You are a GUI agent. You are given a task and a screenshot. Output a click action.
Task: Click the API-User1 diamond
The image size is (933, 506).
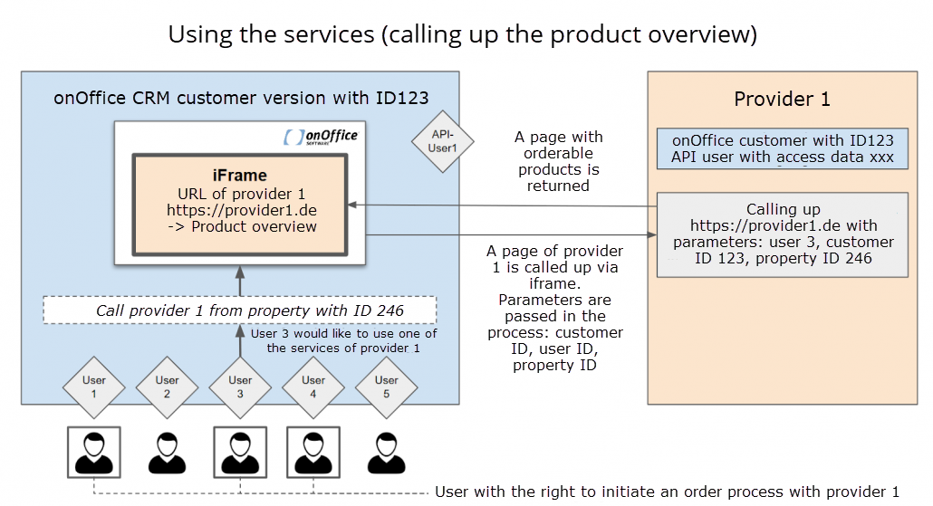(443, 141)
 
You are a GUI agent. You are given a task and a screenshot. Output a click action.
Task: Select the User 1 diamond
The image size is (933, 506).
(94, 387)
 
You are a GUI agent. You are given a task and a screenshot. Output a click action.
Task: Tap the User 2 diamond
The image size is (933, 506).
(168, 387)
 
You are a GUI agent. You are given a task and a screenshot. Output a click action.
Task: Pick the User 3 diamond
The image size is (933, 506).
(240, 387)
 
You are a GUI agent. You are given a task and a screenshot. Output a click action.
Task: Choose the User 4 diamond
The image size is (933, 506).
(313, 387)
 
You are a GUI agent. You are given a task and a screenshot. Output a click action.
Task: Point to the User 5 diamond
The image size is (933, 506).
(387, 387)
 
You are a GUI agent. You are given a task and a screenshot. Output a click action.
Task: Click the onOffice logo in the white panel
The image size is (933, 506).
(322, 137)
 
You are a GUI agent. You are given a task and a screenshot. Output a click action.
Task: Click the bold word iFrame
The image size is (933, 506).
(240, 176)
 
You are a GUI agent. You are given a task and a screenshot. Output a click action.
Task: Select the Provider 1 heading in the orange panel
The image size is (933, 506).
(782, 99)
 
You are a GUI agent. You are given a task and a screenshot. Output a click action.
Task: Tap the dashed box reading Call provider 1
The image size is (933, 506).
(240, 310)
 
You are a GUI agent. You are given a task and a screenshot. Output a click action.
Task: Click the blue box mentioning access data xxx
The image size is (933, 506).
(783, 148)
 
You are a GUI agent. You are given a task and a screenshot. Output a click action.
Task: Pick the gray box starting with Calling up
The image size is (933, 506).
(783, 234)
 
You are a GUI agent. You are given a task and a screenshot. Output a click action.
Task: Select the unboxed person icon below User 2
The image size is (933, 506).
(168, 453)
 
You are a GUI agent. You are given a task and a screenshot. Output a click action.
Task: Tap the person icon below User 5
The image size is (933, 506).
(387, 453)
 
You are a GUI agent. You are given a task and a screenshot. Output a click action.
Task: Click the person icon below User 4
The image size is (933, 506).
(313, 453)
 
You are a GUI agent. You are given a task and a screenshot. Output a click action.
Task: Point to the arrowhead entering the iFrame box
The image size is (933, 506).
(351, 205)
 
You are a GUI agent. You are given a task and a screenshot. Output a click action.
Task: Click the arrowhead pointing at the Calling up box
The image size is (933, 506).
(652, 234)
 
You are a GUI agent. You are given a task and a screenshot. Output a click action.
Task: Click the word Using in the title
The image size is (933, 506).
(200, 35)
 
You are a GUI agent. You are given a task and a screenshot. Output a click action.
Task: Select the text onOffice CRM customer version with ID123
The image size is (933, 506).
(241, 98)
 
